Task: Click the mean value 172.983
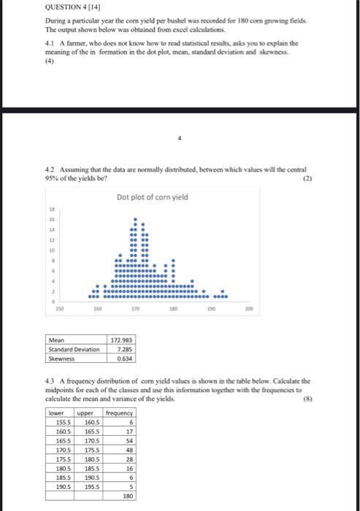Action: pyautogui.click(x=120, y=340)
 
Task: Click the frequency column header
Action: pyautogui.click(x=119, y=412)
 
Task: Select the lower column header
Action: pyautogui.click(x=56, y=412)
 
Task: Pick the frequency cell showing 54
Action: pyautogui.click(x=130, y=442)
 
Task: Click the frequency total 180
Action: pyautogui.click(x=129, y=496)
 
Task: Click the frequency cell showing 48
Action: pyautogui.click(x=130, y=450)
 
